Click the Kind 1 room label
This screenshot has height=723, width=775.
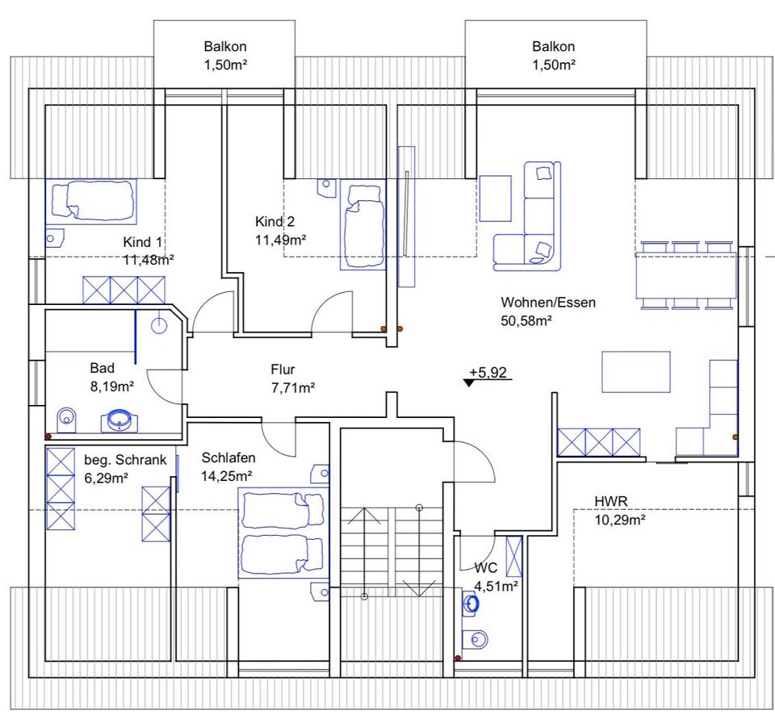pos(142,242)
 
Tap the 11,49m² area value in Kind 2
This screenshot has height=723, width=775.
pos(280,240)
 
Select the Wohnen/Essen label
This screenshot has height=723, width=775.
pos(548,303)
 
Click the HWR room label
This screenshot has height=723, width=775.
pos(611,501)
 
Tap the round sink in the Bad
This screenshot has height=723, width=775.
pos(119,420)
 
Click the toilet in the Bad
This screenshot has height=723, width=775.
pos(67,420)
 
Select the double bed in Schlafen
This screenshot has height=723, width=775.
pos(283,533)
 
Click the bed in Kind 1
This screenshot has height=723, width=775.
pos(91,202)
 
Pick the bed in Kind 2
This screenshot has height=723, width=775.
pos(363,224)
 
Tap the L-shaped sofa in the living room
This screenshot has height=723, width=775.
pos(528,216)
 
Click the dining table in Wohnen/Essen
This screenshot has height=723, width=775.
pos(686,275)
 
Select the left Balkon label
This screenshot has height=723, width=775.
pos(225,47)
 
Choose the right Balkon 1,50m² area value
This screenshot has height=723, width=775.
pos(554,65)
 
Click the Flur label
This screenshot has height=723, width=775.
pos(283,370)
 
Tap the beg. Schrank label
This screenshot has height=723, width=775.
pos(125,460)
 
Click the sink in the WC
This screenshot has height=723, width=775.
pos(471,604)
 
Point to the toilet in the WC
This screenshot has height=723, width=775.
pos(475,639)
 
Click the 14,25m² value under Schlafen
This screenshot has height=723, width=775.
pos(227,476)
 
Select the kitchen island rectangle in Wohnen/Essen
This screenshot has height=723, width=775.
pos(635,372)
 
